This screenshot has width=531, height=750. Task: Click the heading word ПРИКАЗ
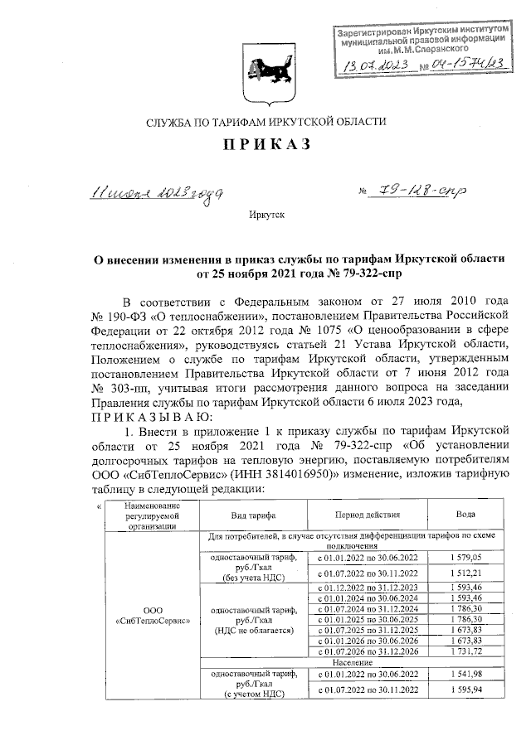tap(265, 146)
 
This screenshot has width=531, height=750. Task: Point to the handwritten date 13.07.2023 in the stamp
tap(373, 65)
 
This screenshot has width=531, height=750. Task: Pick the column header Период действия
tap(364, 515)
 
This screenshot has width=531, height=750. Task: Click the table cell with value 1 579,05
tap(461, 559)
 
